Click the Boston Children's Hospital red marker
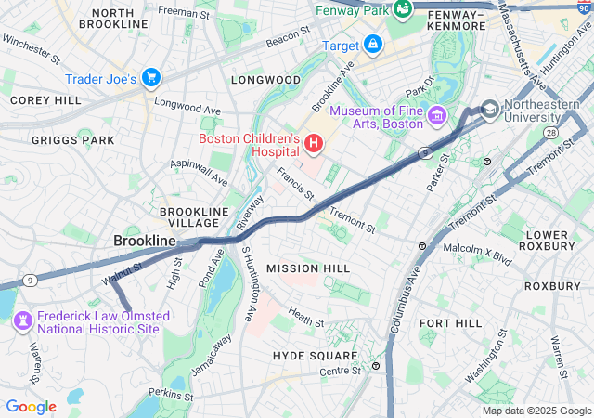click(314, 144)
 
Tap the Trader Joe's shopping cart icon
click(151, 79)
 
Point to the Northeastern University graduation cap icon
click(489, 109)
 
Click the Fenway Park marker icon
click(403, 9)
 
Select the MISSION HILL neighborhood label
click(308, 268)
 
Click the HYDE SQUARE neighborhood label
click(315, 356)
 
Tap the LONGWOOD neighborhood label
click(267, 80)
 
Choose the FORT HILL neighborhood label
click(450, 322)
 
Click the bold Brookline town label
click(145, 241)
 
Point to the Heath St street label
click(305, 317)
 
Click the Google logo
click(32, 407)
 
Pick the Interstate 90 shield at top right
click(582, 7)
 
